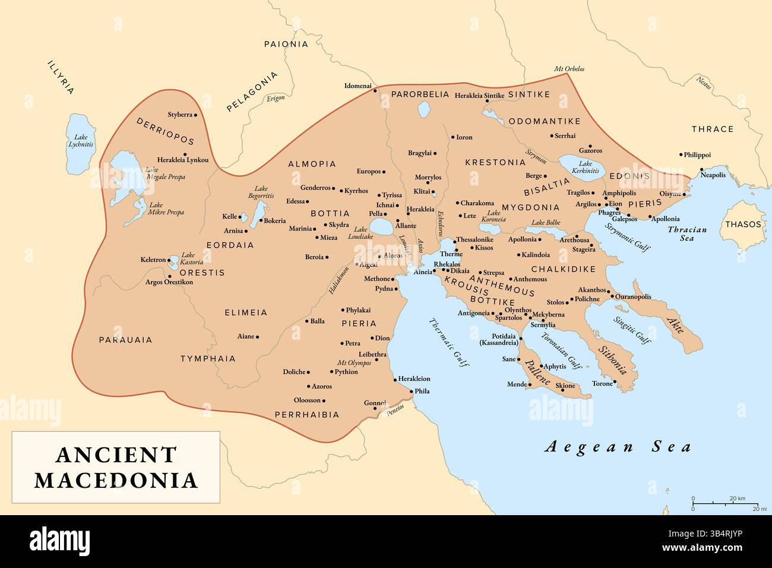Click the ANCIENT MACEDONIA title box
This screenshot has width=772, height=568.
tap(116, 467)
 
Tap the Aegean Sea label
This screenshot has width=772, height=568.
tap(618, 447)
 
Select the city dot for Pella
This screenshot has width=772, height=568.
tap(385, 214)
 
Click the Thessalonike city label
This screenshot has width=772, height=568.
tap(474, 239)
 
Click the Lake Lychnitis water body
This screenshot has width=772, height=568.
tap(80, 144)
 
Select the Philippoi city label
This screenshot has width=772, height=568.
tap(697, 154)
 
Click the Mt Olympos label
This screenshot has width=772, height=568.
tap(354, 362)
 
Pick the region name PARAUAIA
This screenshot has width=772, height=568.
tap(125, 340)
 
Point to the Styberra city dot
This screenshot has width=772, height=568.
tap(195, 115)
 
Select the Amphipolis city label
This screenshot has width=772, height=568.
tap(619, 193)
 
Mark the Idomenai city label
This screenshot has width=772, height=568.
tap(357, 86)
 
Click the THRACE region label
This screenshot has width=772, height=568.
tap(713, 129)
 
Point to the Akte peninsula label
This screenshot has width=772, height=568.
tap(675, 324)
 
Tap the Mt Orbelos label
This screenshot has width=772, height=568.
tap(569, 69)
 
